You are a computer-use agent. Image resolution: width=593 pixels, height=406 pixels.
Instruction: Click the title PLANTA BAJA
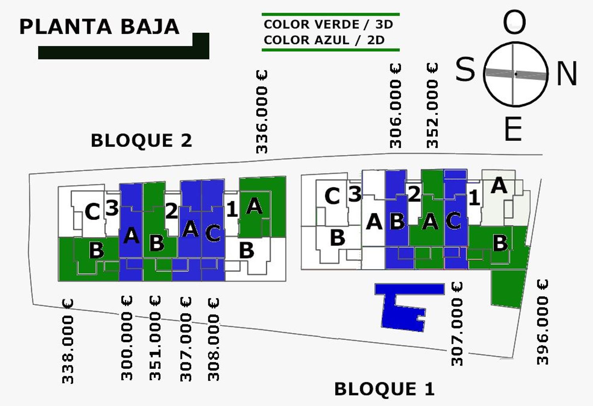[x=99, y=27]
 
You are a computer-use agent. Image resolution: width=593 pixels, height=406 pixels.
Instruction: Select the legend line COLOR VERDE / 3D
[x=328, y=25]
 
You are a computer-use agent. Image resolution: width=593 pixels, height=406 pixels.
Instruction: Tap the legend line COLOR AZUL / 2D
[x=324, y=40]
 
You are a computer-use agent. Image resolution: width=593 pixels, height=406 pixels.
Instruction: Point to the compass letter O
[x=514, y=23]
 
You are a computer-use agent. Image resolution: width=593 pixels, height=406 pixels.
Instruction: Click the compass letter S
[x=465, y=69]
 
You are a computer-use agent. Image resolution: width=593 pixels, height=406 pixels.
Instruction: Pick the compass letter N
[x=567, y=74]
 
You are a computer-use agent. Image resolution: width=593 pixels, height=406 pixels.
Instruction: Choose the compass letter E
[x=513, y=129]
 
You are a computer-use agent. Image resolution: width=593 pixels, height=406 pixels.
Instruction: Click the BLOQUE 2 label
[x=141, y=140]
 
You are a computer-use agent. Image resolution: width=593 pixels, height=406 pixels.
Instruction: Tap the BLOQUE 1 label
[x=384, y=389]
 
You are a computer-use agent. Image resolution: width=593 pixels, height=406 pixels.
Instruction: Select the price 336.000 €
[x=262, y=112]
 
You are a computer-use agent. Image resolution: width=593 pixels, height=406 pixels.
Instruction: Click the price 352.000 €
[x=432, y=106]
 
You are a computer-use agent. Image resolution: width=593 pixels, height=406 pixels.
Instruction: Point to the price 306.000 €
[x=395, y=106]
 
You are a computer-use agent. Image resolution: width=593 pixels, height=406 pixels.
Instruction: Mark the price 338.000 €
[x=68, y=341]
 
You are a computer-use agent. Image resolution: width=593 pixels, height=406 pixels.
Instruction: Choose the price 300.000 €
[x=127, y=338]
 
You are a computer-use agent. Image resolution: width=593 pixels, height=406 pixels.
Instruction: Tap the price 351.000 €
[x=155, y=338]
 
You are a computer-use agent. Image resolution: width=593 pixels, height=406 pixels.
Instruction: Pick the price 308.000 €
[x=213, y=340]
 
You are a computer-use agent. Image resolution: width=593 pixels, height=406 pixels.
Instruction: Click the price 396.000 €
[x=543, y=322]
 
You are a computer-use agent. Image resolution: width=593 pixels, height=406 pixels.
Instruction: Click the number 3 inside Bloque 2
[x=112, y=208]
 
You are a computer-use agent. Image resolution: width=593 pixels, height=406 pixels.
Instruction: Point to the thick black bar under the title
[x=119, y=53]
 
